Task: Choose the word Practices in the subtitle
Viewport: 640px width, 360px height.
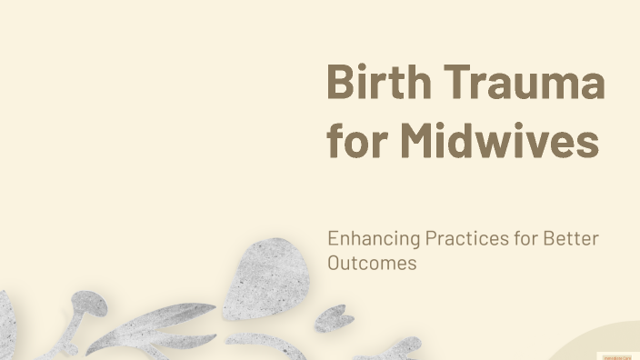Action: coord(467,240)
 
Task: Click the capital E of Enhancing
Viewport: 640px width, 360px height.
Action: coord(333,239)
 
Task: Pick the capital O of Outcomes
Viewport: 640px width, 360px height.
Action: coord(334,263)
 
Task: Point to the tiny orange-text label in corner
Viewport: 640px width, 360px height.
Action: coord(617,355)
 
